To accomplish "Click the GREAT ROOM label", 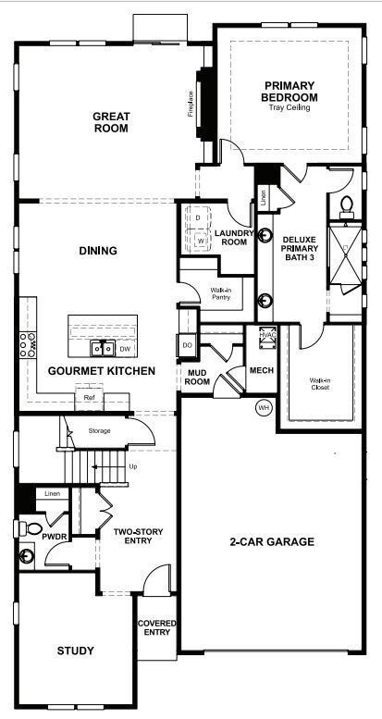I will pos(110,122).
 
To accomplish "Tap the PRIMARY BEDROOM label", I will pos(290,92).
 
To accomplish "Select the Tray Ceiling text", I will pos(290,108).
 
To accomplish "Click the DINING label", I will pos(98,250).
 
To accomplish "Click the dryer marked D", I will pos(198,217).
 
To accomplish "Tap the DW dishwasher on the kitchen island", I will pos(124,349).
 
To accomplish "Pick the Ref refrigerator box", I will pos(89,398).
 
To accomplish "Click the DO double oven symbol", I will pos(187,345).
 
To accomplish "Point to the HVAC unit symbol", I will pos(269,340).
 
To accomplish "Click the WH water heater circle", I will pos(263,407).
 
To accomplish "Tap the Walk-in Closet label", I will pos(321,383).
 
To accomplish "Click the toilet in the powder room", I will pos(26,532).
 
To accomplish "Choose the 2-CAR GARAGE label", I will pos(272,541).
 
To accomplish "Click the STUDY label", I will pos(75,651).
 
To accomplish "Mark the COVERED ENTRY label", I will pos(156,628).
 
